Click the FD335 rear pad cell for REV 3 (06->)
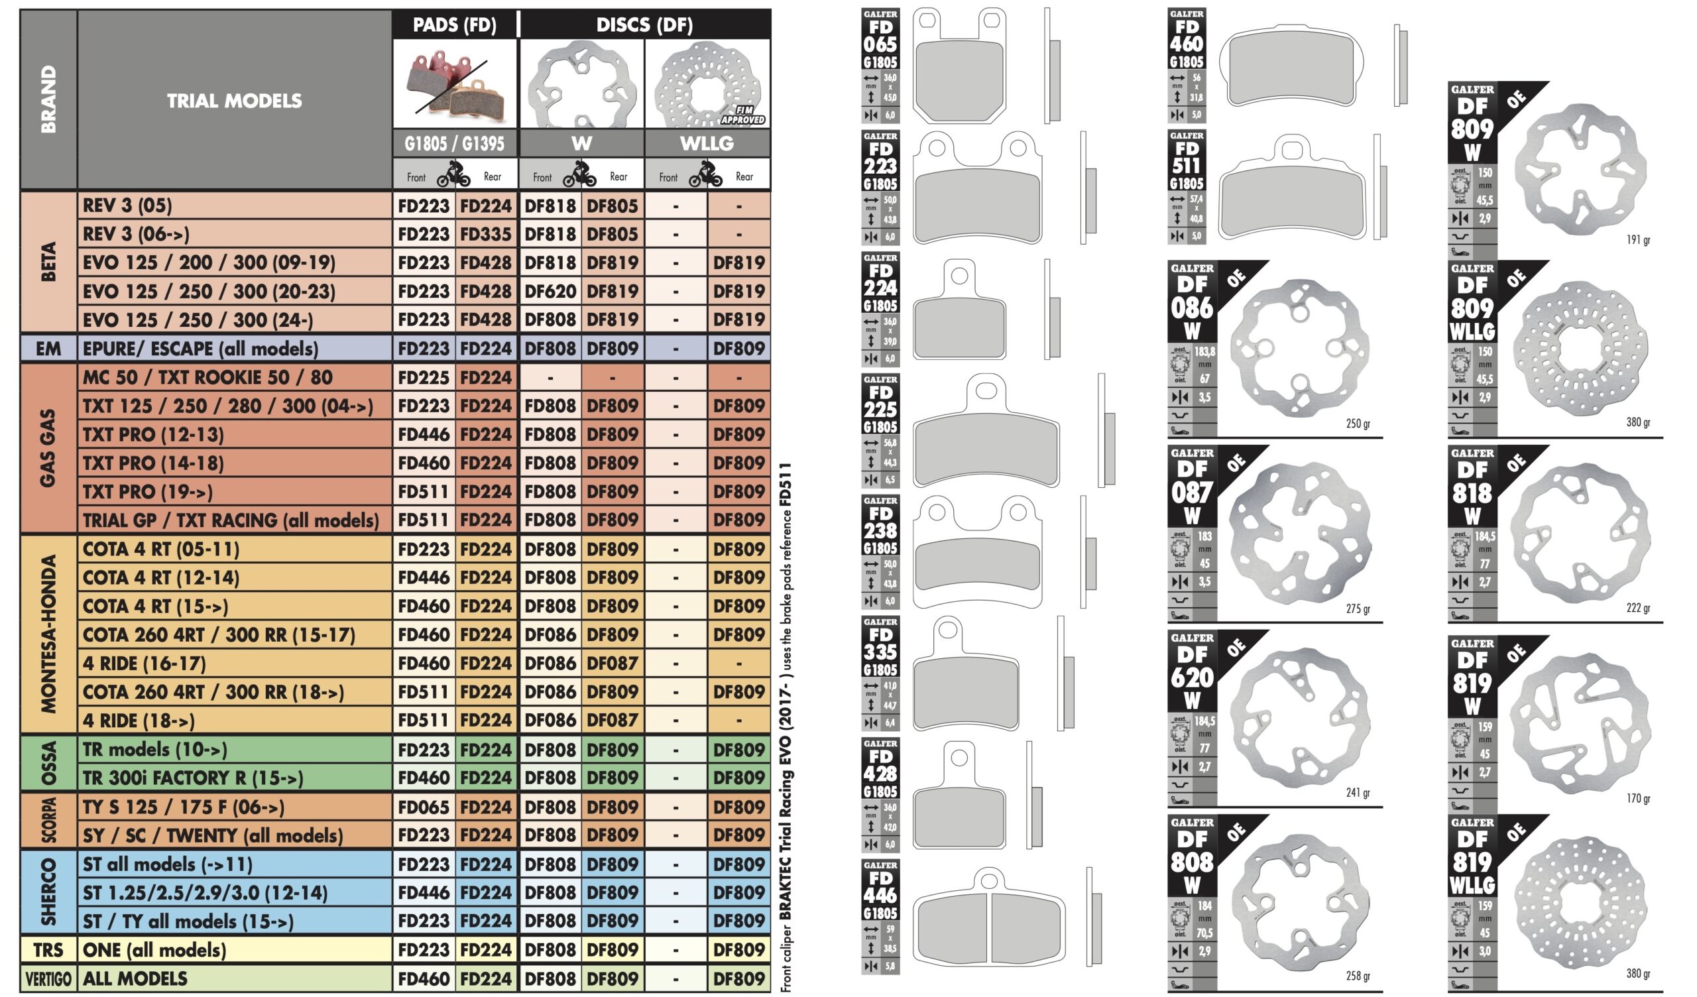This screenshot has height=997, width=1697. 486,235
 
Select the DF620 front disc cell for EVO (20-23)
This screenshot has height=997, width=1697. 550,292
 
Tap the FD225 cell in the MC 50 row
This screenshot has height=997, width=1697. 424,377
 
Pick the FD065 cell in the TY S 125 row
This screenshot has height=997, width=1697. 424,807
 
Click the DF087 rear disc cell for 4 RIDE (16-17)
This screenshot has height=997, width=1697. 612,664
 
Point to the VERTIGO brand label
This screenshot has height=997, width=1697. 48,979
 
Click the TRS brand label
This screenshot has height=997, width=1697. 48,951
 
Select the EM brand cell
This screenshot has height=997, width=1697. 48,349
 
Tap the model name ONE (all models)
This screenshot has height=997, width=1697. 154,951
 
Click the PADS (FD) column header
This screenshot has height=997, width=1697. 455,25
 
